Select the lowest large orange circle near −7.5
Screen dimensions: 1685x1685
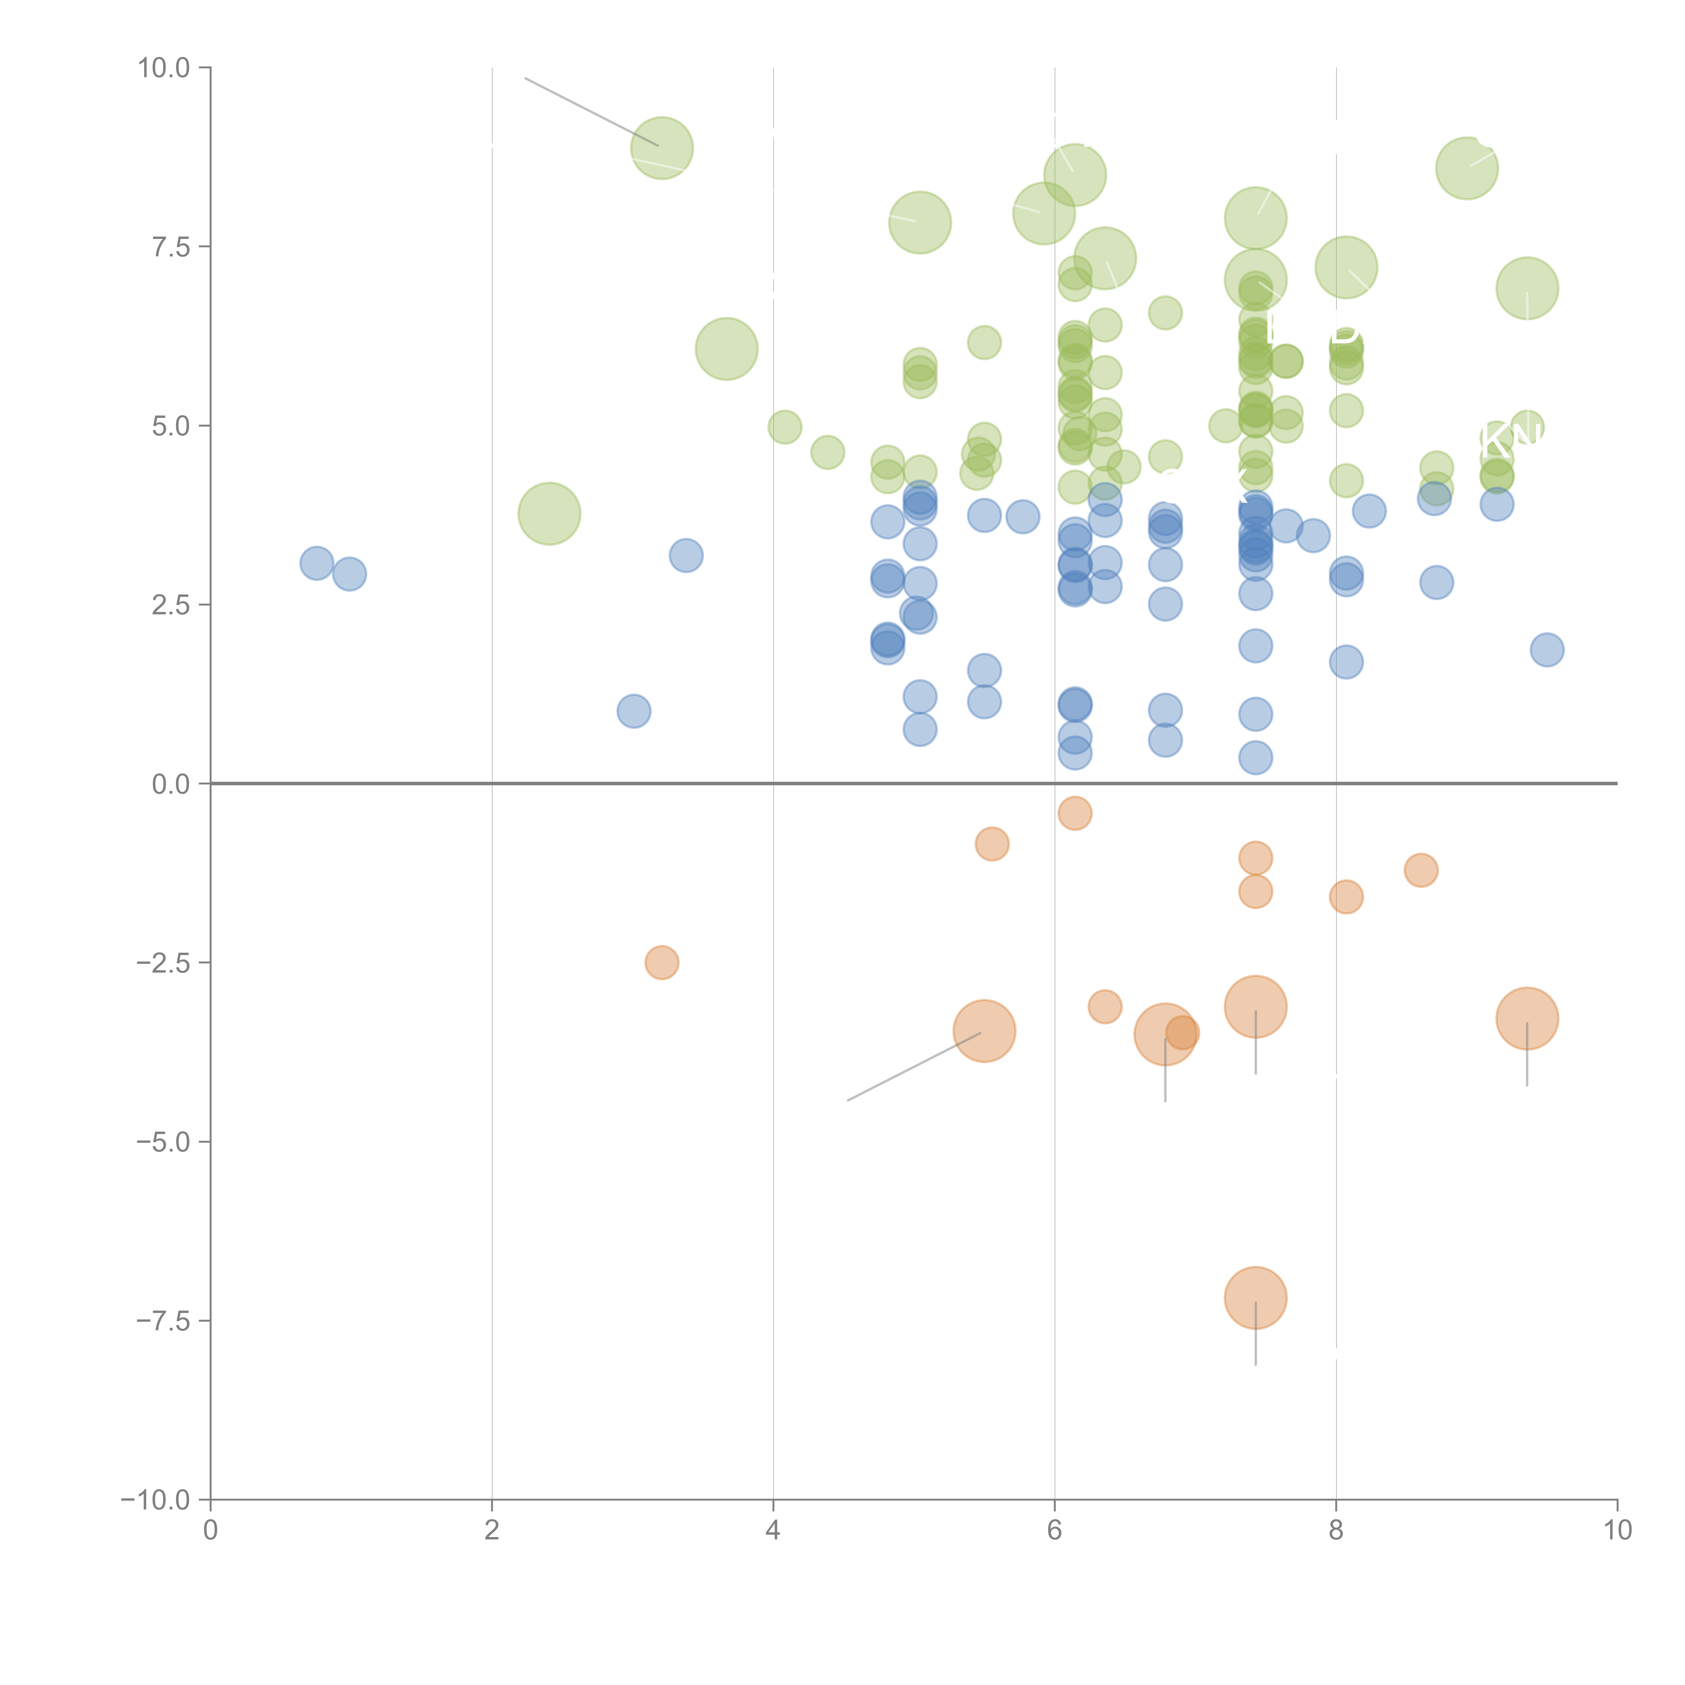coord(1255,1298)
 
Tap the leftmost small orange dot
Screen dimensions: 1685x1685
coord(662,962)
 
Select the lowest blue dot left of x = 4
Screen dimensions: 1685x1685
coord(633,711)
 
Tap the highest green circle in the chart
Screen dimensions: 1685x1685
coord(662,147)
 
